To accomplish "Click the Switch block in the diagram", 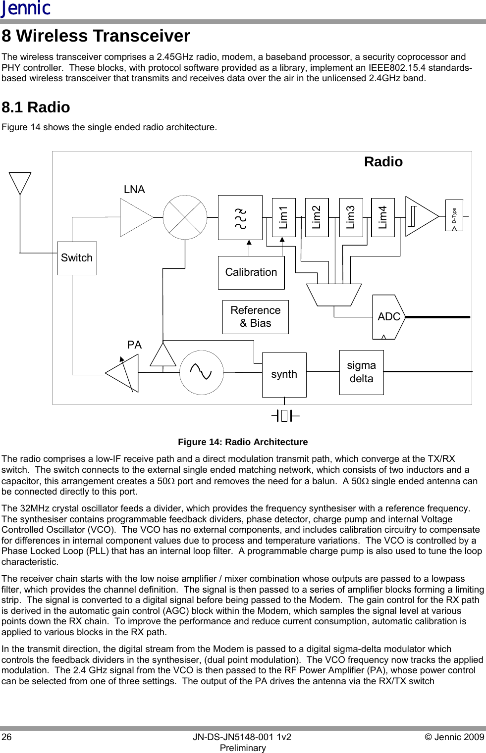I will (77, 258).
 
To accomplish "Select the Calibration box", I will (251, 272).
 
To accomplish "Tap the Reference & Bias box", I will (256, 317).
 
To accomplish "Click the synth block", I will (284, 374).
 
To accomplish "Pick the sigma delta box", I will (361, 372).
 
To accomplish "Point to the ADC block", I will (388, 317).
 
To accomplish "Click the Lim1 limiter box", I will (284, 217).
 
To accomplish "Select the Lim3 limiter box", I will (351, 217).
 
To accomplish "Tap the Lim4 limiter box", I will (383, 217).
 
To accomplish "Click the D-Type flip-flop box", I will (454, 215).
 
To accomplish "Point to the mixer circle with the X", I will (185, 217).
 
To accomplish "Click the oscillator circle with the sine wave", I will (201, 372).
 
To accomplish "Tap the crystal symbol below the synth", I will (285, 416).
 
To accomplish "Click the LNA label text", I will (134, 190).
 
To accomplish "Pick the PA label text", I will (134, 345).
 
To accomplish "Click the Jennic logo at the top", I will (26, 8).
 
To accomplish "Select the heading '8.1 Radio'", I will (36, 107).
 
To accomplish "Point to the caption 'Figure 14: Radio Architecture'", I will (243, 442).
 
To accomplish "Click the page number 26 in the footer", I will (7, 737).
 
